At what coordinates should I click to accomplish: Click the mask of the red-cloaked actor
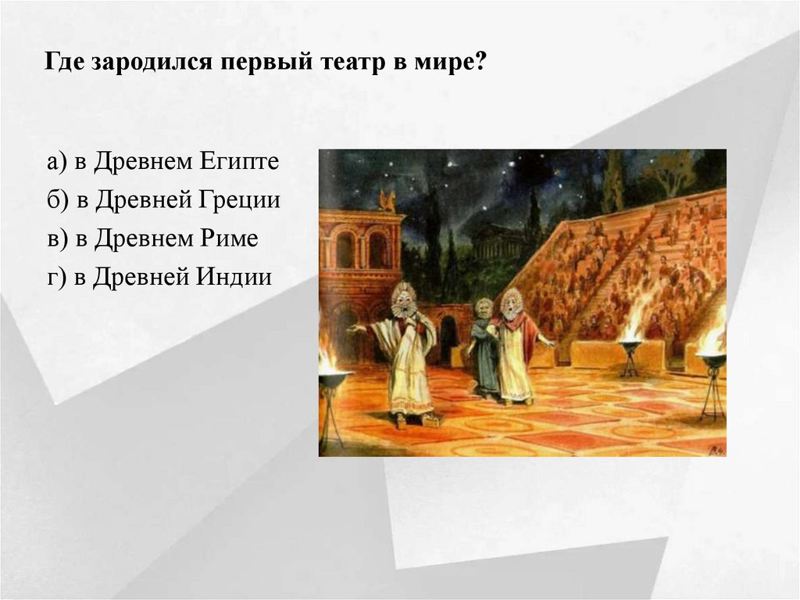pos(512,301)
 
